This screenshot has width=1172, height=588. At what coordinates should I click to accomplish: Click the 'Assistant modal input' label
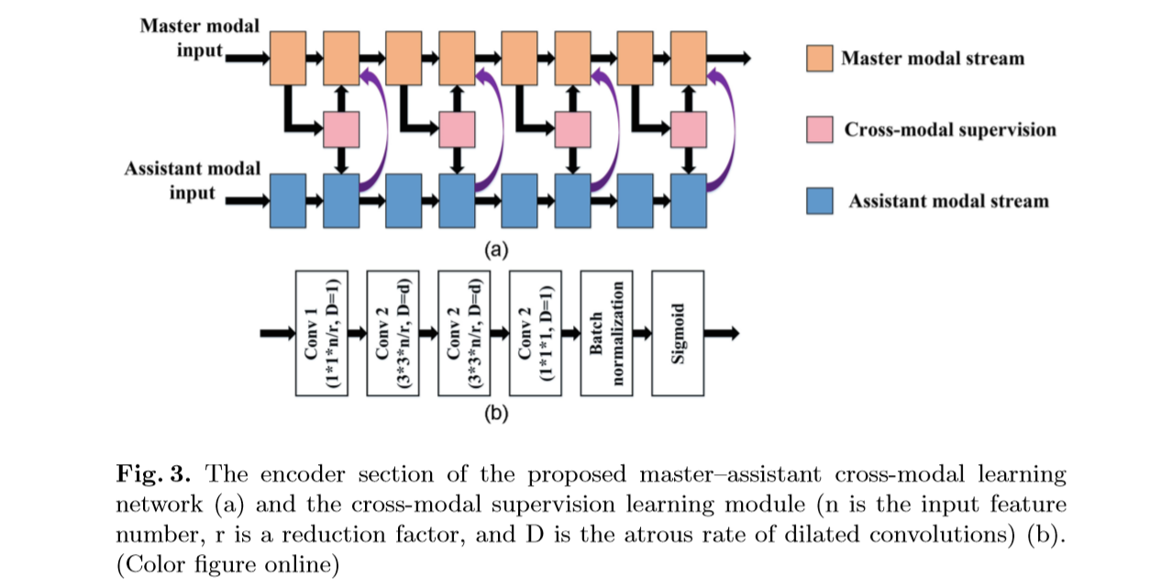[x=193, y=181]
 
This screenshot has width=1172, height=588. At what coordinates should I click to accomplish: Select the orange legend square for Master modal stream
[x=819, y=58]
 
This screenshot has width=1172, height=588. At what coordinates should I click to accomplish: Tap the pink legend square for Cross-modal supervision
[x=819, y=129]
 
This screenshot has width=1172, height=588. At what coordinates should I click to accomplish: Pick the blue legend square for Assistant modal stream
[x=819, y=201]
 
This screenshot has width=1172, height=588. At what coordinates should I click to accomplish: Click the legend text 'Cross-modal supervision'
[x=949, y=129]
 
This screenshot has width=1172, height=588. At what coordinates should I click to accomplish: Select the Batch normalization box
[x=606, y=333]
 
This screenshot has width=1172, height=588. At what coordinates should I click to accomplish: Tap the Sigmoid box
[x=678, y=333]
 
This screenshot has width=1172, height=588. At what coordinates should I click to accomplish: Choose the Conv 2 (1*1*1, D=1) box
[x=536, y=333]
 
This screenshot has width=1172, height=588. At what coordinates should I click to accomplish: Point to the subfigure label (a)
[x=495, y=249]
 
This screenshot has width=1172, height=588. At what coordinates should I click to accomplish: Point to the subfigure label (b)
[x=495, y=414]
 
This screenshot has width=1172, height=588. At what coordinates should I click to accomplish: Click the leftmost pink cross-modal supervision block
[x=341, y=129]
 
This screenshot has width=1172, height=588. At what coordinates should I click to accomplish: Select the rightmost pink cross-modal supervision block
[x=689, y=129]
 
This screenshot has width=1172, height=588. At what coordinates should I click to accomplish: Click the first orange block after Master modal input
[x=288, y=58]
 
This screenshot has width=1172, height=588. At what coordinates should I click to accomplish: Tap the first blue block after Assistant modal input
[x=288, y=201]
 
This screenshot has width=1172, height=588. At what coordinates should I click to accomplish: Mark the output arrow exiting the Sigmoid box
[x=722, y=333]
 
